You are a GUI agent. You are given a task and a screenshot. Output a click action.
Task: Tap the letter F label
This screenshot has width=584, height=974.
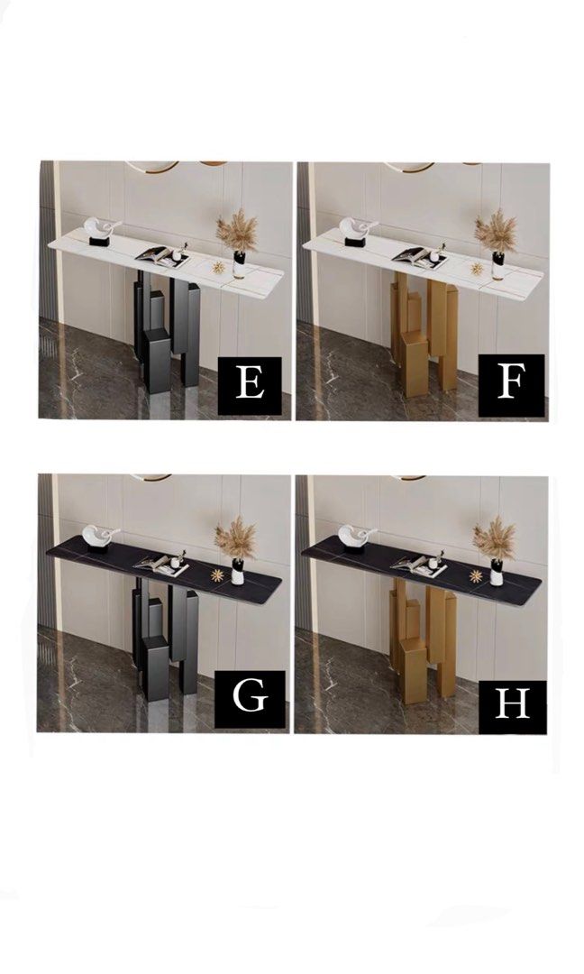click(511, 384)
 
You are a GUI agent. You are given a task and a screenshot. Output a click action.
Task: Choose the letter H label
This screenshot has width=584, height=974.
click(512, 701)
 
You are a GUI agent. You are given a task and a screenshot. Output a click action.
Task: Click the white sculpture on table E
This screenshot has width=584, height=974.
click(102, 229)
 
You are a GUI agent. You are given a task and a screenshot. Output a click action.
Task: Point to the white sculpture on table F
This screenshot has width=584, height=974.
click(359, 229)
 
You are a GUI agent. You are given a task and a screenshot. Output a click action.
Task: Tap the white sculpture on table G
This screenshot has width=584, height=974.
click(101, 538)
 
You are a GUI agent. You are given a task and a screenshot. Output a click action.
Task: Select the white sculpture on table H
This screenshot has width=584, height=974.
click(359, 538)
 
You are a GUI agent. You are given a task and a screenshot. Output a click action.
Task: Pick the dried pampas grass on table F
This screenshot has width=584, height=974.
click(494, 231)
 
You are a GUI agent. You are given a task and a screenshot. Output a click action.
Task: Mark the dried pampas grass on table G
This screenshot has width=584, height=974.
click(235, 538)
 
